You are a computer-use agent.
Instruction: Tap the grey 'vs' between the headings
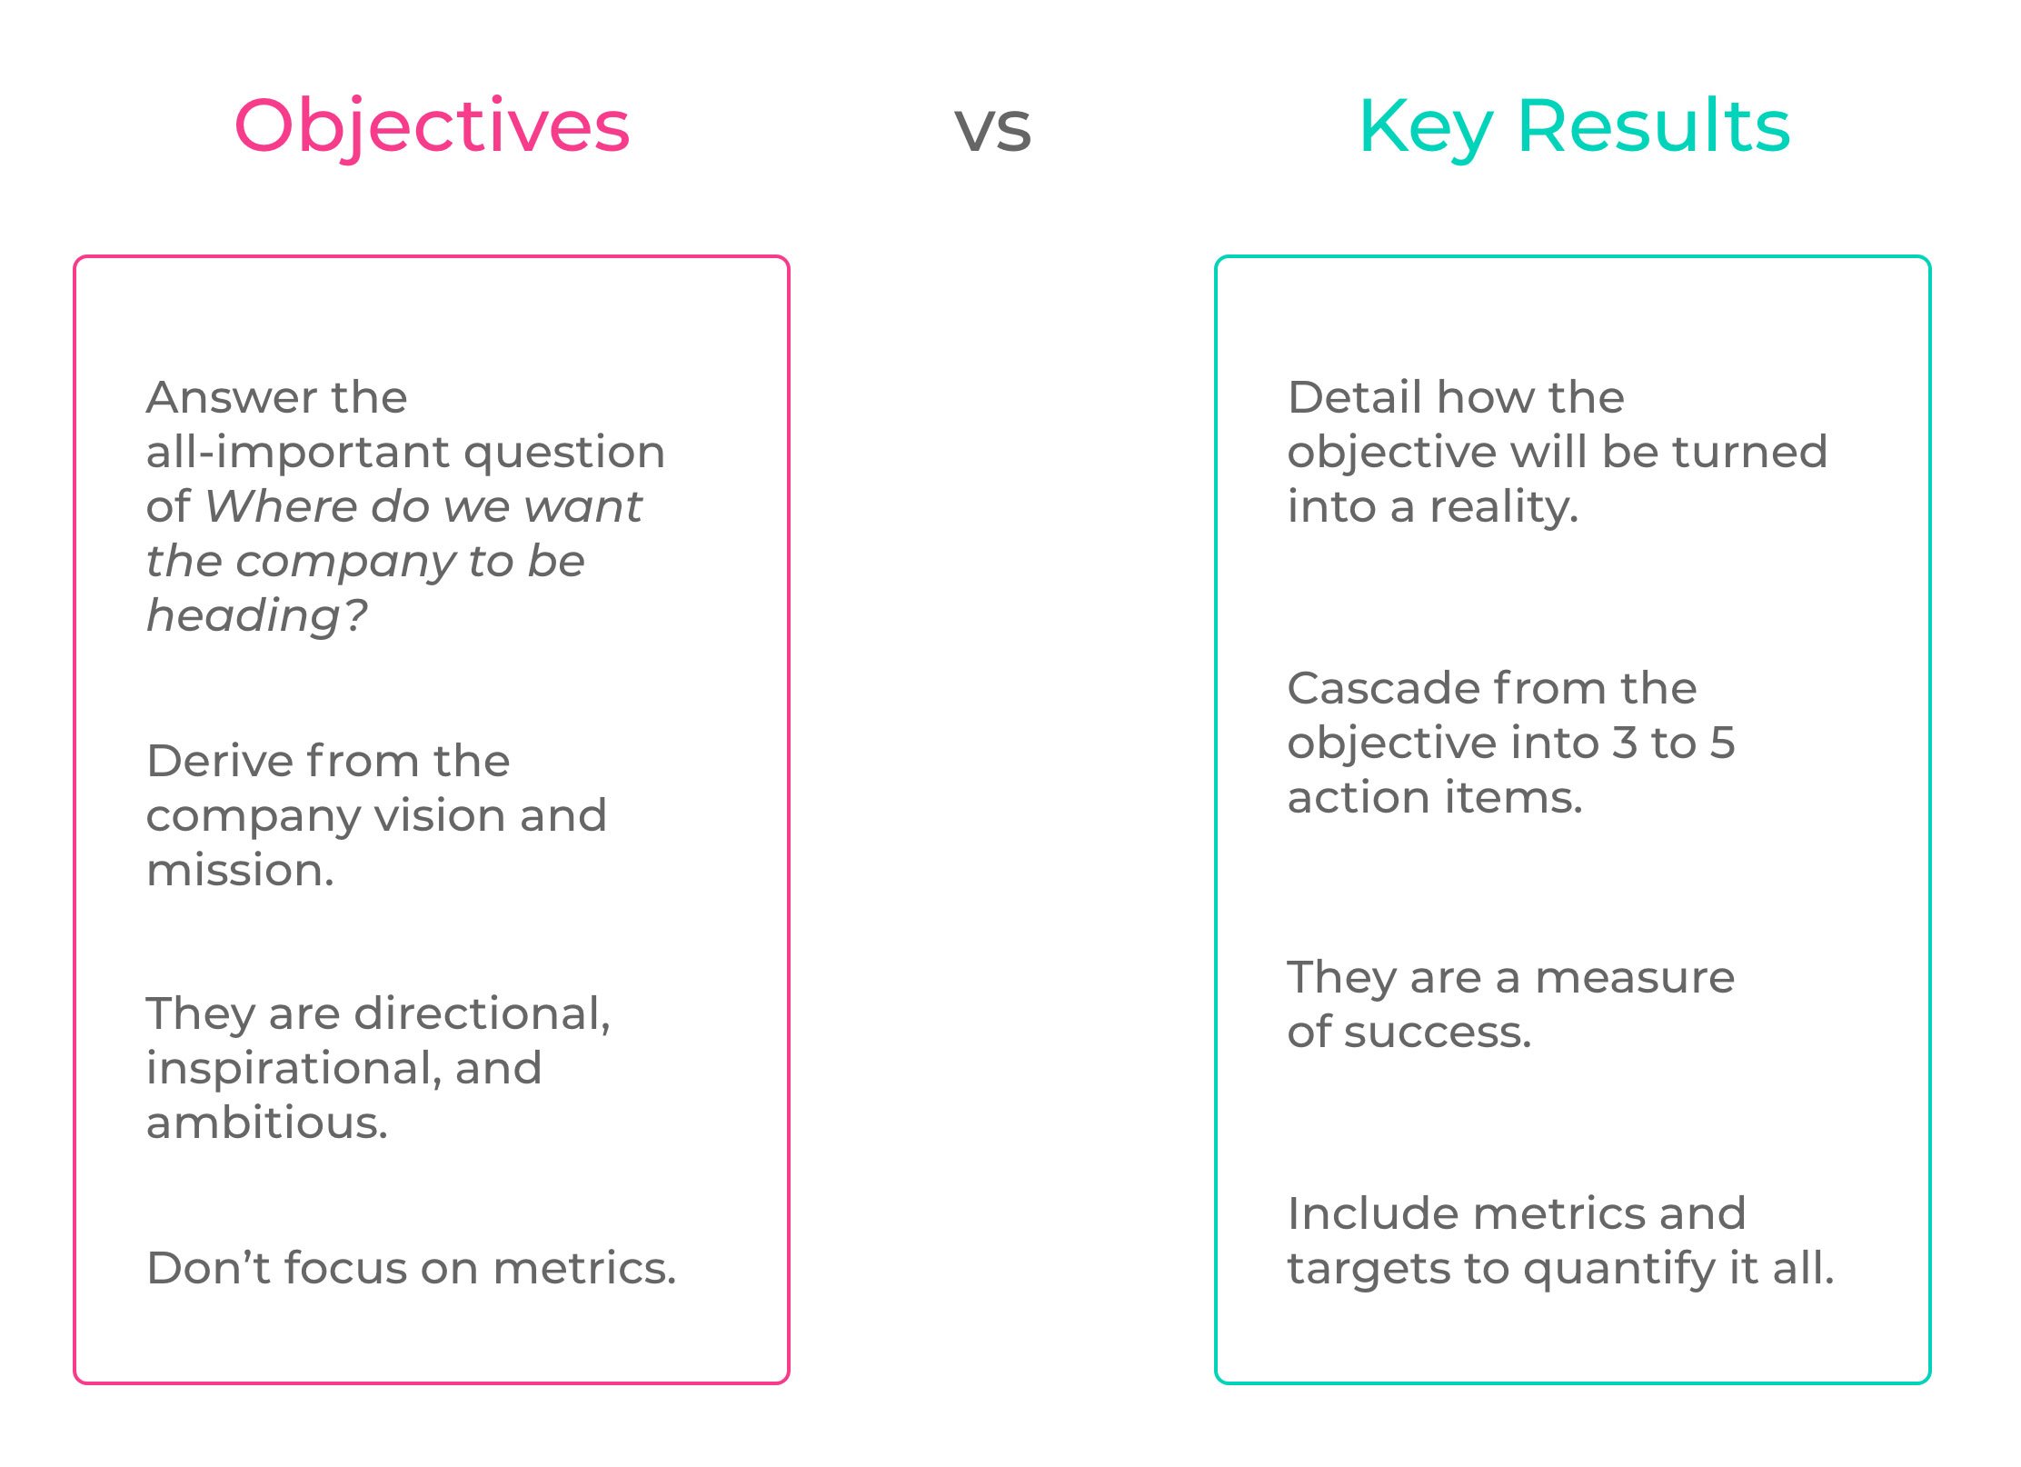(992, 129)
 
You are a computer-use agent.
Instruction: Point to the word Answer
(232, 397)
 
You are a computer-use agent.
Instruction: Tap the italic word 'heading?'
(257, 616)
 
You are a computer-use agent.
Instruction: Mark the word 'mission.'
(240, 870)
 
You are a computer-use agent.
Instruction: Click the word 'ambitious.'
(267, 1123)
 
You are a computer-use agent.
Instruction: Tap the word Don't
(208, 1268)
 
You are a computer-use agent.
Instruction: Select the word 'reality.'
(1504, 507)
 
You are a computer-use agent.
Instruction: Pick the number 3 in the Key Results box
(1624, 743)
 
